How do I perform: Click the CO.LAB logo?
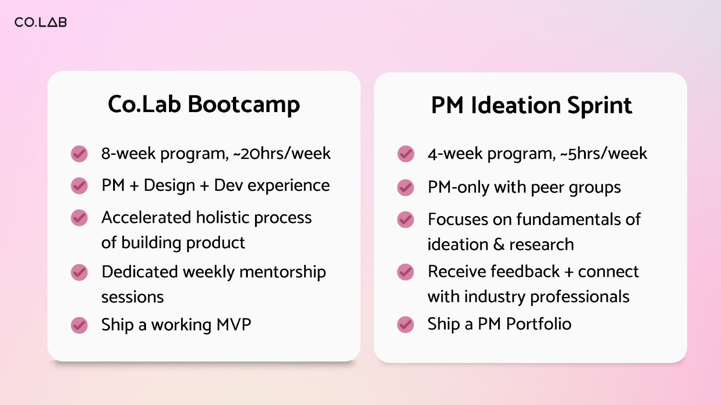point(41,22)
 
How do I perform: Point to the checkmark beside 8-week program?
point(79,153)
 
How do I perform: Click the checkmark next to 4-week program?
point(406,153)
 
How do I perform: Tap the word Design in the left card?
point(169,186)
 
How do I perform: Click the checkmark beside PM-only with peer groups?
point(406,187)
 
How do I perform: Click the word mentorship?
point(282,273)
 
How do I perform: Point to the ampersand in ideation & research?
point(498,245)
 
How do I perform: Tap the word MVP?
point(234,324)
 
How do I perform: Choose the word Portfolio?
point(538,324)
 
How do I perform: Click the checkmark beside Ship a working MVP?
point(79,325)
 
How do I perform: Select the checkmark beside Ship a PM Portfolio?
point(406,324)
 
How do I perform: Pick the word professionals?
point(580,297)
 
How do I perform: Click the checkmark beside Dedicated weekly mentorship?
point(79,273)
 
